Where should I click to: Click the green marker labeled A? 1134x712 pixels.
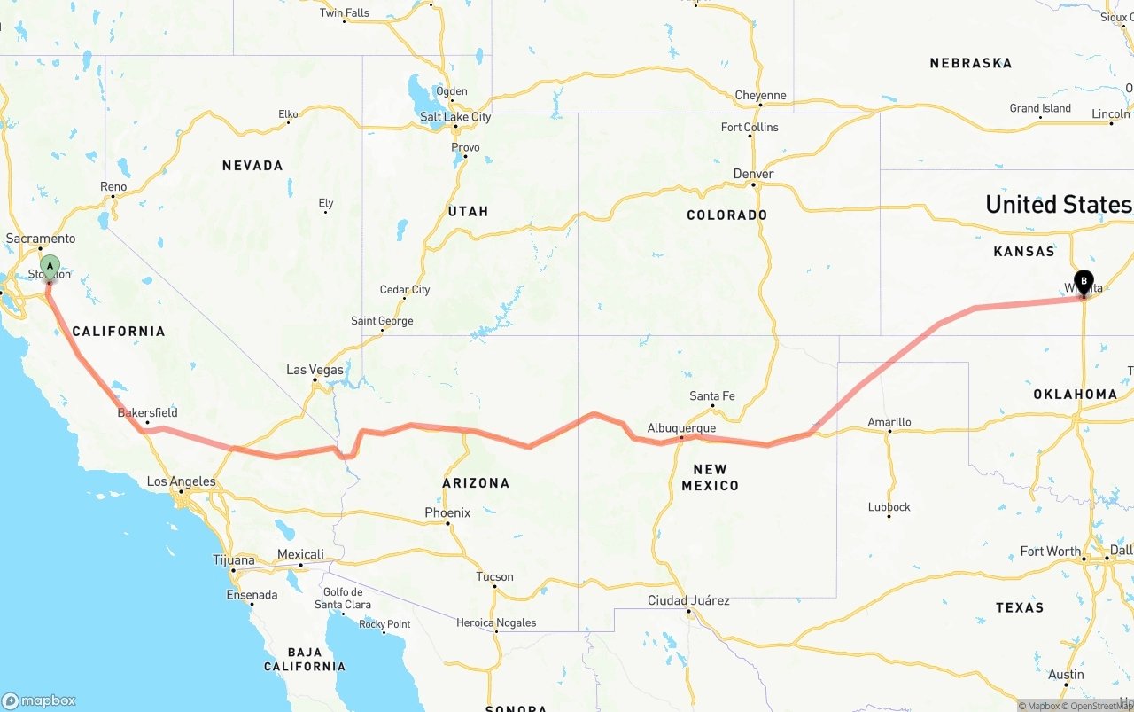50,266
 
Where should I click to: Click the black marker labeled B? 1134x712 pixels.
1084,282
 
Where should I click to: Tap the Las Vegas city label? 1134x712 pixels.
315,370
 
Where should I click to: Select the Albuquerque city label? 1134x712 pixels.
680,428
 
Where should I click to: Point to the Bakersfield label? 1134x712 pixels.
148,412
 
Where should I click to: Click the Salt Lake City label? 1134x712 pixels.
455,117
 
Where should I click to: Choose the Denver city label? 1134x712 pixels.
754,174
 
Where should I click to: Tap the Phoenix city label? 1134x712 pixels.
447,512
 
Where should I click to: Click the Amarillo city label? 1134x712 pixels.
889,422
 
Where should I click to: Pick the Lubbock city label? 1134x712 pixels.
889,507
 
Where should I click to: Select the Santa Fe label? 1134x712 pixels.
712,396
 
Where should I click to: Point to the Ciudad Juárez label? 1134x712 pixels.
688,600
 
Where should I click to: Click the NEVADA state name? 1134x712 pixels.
252,166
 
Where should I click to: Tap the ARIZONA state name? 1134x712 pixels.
477,483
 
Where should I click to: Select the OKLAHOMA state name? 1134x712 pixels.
1075,394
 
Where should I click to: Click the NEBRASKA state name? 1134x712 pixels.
971,63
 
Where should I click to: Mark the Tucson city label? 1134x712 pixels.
494,576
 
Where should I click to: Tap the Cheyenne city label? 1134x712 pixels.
760,96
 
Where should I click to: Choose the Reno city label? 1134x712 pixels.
113,187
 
